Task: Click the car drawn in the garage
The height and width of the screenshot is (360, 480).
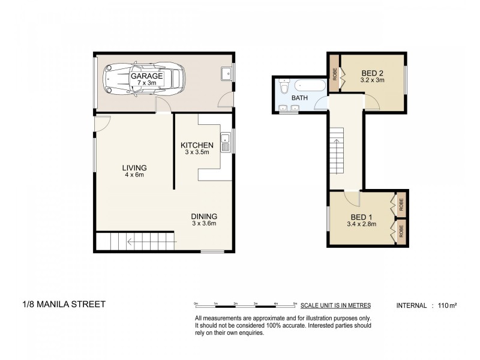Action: pyautogui.click(x=144, y=79)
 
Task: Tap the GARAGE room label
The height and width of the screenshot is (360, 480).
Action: pyautogui.click(x=146, y=76)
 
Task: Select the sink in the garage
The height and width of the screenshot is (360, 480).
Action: pyautogui.click(x=226, y=73)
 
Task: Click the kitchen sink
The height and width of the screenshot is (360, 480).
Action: pyautogui.click(x=226, y=142)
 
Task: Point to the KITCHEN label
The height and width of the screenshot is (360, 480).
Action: pyautogui.click(x=197, y=145)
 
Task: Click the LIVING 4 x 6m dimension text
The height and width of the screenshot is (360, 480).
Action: pyautogui.click(x=134, y=175)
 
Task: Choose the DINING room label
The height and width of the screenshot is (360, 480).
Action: pyautogui.click(x=204, y=217)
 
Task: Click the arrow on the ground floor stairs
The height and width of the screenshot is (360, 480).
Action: pyautogui.click(x=152, y=242)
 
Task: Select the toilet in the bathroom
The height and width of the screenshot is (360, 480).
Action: pyautogui.click(x=284, y=86)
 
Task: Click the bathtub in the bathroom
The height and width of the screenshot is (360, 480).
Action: pyautogui.click(x=310, y=85)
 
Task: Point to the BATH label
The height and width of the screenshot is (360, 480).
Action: pyautogui.click(x=299, y=98)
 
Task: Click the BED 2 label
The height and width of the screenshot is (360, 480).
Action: pyautogui.click(x=372, y=73)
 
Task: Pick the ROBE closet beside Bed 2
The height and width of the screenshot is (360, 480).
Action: pyautogui.click(x=334, y=73)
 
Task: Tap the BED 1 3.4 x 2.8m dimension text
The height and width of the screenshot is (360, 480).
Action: pyautogui.click(x=362, y=224)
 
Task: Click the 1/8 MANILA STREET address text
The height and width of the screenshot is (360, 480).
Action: pyautogui.click(x=64, y=304)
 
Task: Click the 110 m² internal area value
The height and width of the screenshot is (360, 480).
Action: pyautogui.click(x=447, y=305)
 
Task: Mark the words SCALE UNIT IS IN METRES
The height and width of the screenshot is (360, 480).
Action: pyautogui.click(x=335, y=305)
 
